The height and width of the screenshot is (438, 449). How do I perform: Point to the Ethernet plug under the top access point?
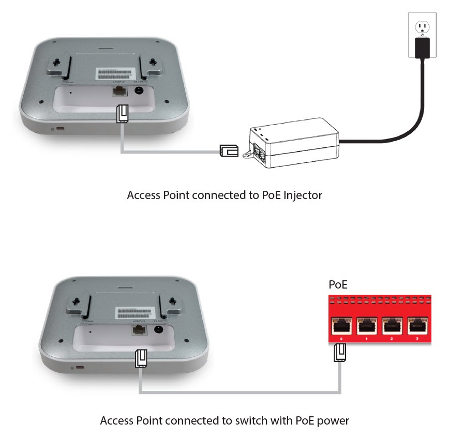[x=122, y=114]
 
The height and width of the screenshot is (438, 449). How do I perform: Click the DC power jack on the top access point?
[x=139, y=91]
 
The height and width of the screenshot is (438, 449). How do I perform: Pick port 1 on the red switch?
[x=366, y=326]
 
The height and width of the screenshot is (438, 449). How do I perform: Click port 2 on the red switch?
[x=392, y=326]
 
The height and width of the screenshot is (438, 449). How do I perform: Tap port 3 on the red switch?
[x=417, y=326]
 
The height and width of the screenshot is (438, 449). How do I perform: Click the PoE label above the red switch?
[x=338, y=285]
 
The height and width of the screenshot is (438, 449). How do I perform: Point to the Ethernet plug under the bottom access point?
[x=140, y=358]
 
